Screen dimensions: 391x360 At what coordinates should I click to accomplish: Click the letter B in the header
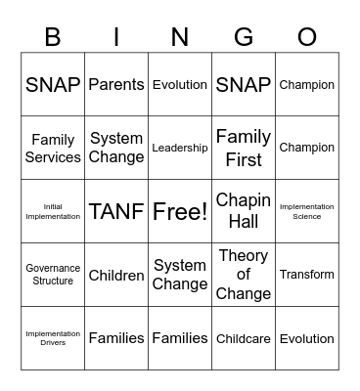tap(53, 37)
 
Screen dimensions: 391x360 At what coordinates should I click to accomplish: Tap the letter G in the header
tap(244, 37)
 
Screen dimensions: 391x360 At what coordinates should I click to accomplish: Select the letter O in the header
tap(307, 37)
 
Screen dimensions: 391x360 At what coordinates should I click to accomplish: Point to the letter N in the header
tap(180, 37)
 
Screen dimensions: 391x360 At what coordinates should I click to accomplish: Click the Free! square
tap(180, 211)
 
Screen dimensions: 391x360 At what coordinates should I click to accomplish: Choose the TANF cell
tap(116, 211)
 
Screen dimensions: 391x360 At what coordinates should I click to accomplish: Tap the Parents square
tap(116, 85)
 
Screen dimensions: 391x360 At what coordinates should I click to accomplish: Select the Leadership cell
tap(180, 148)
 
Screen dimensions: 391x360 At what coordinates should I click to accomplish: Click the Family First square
tap(244, 148)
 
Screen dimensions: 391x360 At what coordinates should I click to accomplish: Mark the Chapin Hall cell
tap(244, 211)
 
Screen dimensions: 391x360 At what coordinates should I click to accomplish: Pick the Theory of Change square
tap(244, 275)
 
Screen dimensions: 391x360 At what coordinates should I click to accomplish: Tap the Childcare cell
tap(244, 338)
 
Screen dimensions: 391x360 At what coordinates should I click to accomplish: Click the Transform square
tap(307, 275)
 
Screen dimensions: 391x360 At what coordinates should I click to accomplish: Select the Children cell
tap(116, 275)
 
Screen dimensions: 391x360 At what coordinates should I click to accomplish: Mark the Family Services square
tap(53, 148)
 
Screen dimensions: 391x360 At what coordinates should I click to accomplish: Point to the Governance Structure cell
tap(53, 275)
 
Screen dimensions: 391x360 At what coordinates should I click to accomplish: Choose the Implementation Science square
tap(307, 211)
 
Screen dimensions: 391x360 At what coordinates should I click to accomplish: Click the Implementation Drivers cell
tap(53, 338)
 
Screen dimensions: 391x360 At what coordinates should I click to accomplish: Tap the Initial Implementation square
tap(53, 211)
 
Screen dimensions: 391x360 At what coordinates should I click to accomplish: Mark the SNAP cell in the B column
tap(53, 85)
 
